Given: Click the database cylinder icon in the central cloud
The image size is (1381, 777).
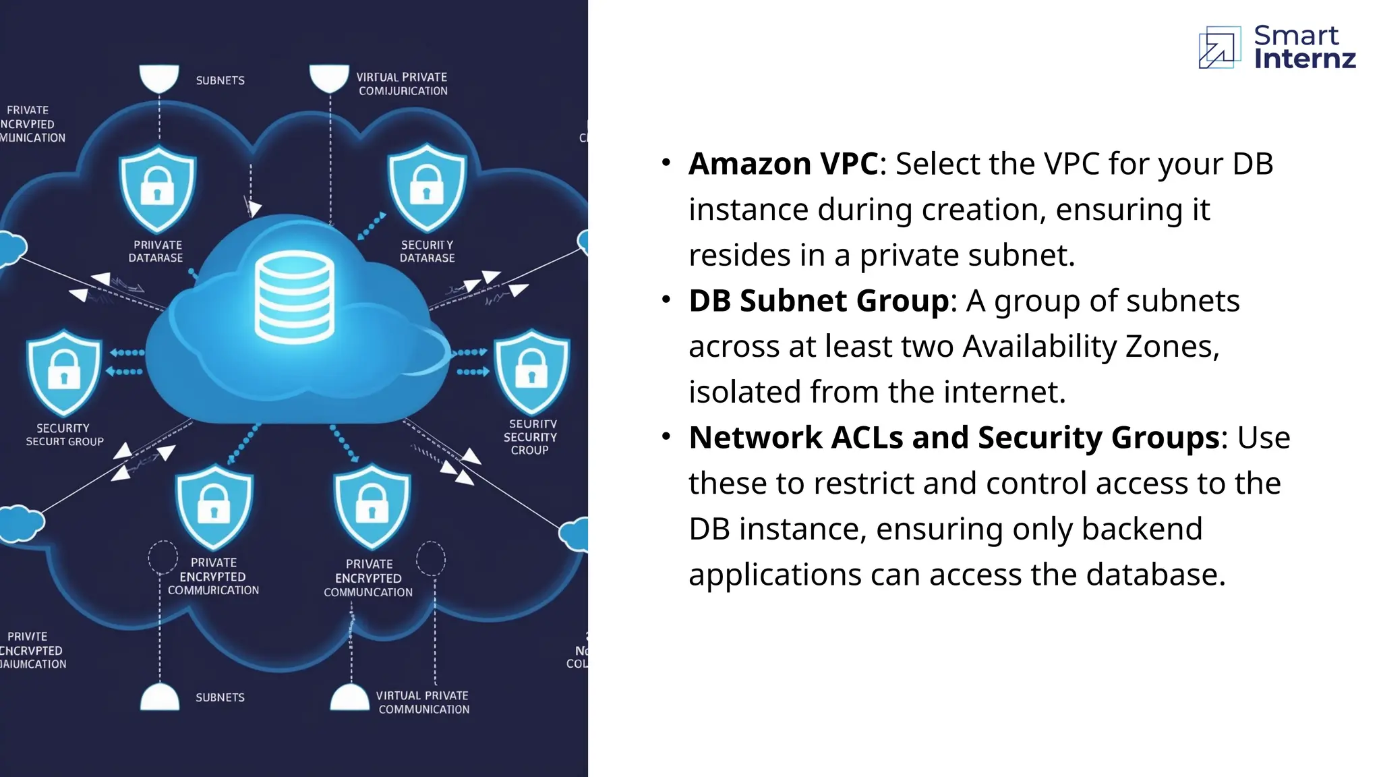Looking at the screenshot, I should click(x=295, y=297).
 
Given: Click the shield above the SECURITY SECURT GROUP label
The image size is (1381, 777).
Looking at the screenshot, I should click(x=64, y=372).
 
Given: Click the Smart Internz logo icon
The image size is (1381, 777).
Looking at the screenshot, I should click(x=1219, y=47).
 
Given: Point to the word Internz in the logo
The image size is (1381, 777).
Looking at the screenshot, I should click(x=1305, y=59).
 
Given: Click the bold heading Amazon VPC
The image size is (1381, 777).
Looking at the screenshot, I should click(x=784, y=164).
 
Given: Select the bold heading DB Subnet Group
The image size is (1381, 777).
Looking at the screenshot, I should click(x=819, y=301).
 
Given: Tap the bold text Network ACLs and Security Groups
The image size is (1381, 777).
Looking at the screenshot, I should click(x=954, y=438).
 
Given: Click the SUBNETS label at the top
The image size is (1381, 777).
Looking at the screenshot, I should click(x=220, y=81).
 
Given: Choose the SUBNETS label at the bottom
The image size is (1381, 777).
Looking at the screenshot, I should click(x=220, y=697).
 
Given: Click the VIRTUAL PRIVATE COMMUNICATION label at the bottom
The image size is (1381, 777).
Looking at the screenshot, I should click(x=423, y=702).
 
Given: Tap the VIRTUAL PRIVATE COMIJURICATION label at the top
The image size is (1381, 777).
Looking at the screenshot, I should click(x=403, y=84).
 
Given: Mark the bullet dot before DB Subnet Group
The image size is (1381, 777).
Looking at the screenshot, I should click(x=666, y=299).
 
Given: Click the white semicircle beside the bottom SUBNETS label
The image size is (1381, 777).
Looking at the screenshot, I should click(x=160, y=698).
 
